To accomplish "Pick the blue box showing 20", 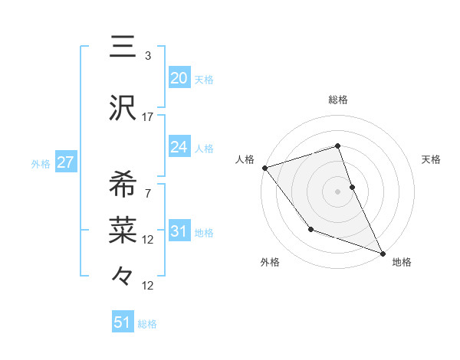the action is (179, 78).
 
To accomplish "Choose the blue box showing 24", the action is (179, 147).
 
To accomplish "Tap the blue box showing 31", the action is (179, 232).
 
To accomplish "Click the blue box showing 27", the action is (65, 162).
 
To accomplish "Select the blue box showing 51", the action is (123, 323).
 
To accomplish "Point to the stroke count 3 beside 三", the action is (148, 56).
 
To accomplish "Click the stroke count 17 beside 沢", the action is (148, 117).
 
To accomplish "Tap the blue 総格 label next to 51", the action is (147, 324).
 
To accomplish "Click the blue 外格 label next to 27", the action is (41, 163).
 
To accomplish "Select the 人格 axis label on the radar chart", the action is (245, 159).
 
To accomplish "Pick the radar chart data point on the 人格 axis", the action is (264, 168).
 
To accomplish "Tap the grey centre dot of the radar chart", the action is (337, 191).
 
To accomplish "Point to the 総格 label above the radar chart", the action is (337, 100).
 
